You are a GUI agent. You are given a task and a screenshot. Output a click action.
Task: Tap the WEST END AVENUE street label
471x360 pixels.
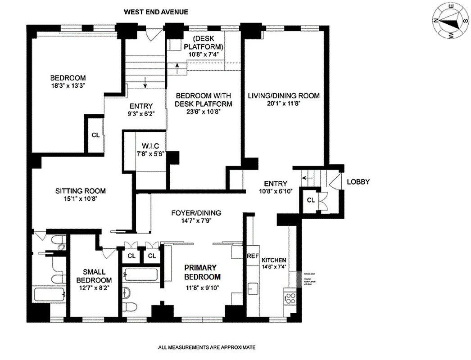click(x=156, y=12)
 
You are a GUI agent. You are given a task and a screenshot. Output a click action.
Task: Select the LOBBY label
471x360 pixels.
click(x=358, y=182)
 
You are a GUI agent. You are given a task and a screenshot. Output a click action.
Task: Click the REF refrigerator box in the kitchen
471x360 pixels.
click(x=253, y=256)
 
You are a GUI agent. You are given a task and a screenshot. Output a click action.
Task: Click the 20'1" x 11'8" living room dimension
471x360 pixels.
click(x=284, y=103)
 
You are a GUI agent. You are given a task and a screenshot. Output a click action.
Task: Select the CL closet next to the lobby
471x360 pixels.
click(x=311, y=200)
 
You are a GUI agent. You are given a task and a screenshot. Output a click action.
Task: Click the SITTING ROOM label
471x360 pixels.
click(x=80, y=191)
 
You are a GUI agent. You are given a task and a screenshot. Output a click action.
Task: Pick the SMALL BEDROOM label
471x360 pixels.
click(x=94, y=276)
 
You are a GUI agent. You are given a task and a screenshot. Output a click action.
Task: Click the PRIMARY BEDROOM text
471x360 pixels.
click(x=202, y=272)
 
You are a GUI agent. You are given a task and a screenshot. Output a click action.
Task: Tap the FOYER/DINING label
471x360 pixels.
click(x=196, y=213)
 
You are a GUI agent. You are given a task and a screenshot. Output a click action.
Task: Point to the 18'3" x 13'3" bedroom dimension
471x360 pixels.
click(x=68, y=85)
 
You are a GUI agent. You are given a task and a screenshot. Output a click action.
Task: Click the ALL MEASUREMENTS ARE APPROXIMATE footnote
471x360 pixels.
click(x=207, y=347)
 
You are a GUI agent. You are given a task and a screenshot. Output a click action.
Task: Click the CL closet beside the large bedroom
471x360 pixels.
click(x=95, y=135)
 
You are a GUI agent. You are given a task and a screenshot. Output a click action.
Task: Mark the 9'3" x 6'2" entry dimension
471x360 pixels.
click(x=141, y=114)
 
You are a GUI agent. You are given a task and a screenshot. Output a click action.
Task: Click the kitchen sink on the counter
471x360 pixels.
click(x=252, y=288)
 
